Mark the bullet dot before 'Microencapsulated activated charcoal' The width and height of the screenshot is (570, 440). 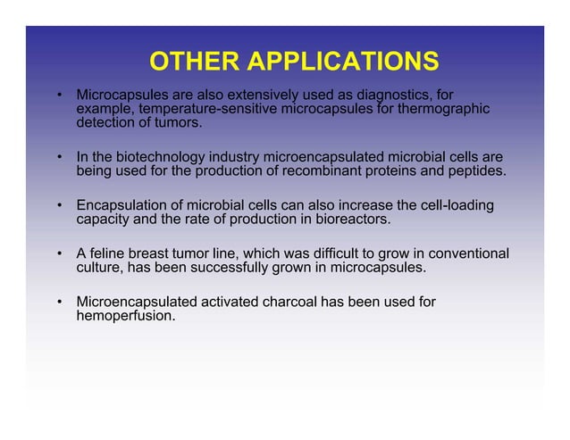(60, 303)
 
